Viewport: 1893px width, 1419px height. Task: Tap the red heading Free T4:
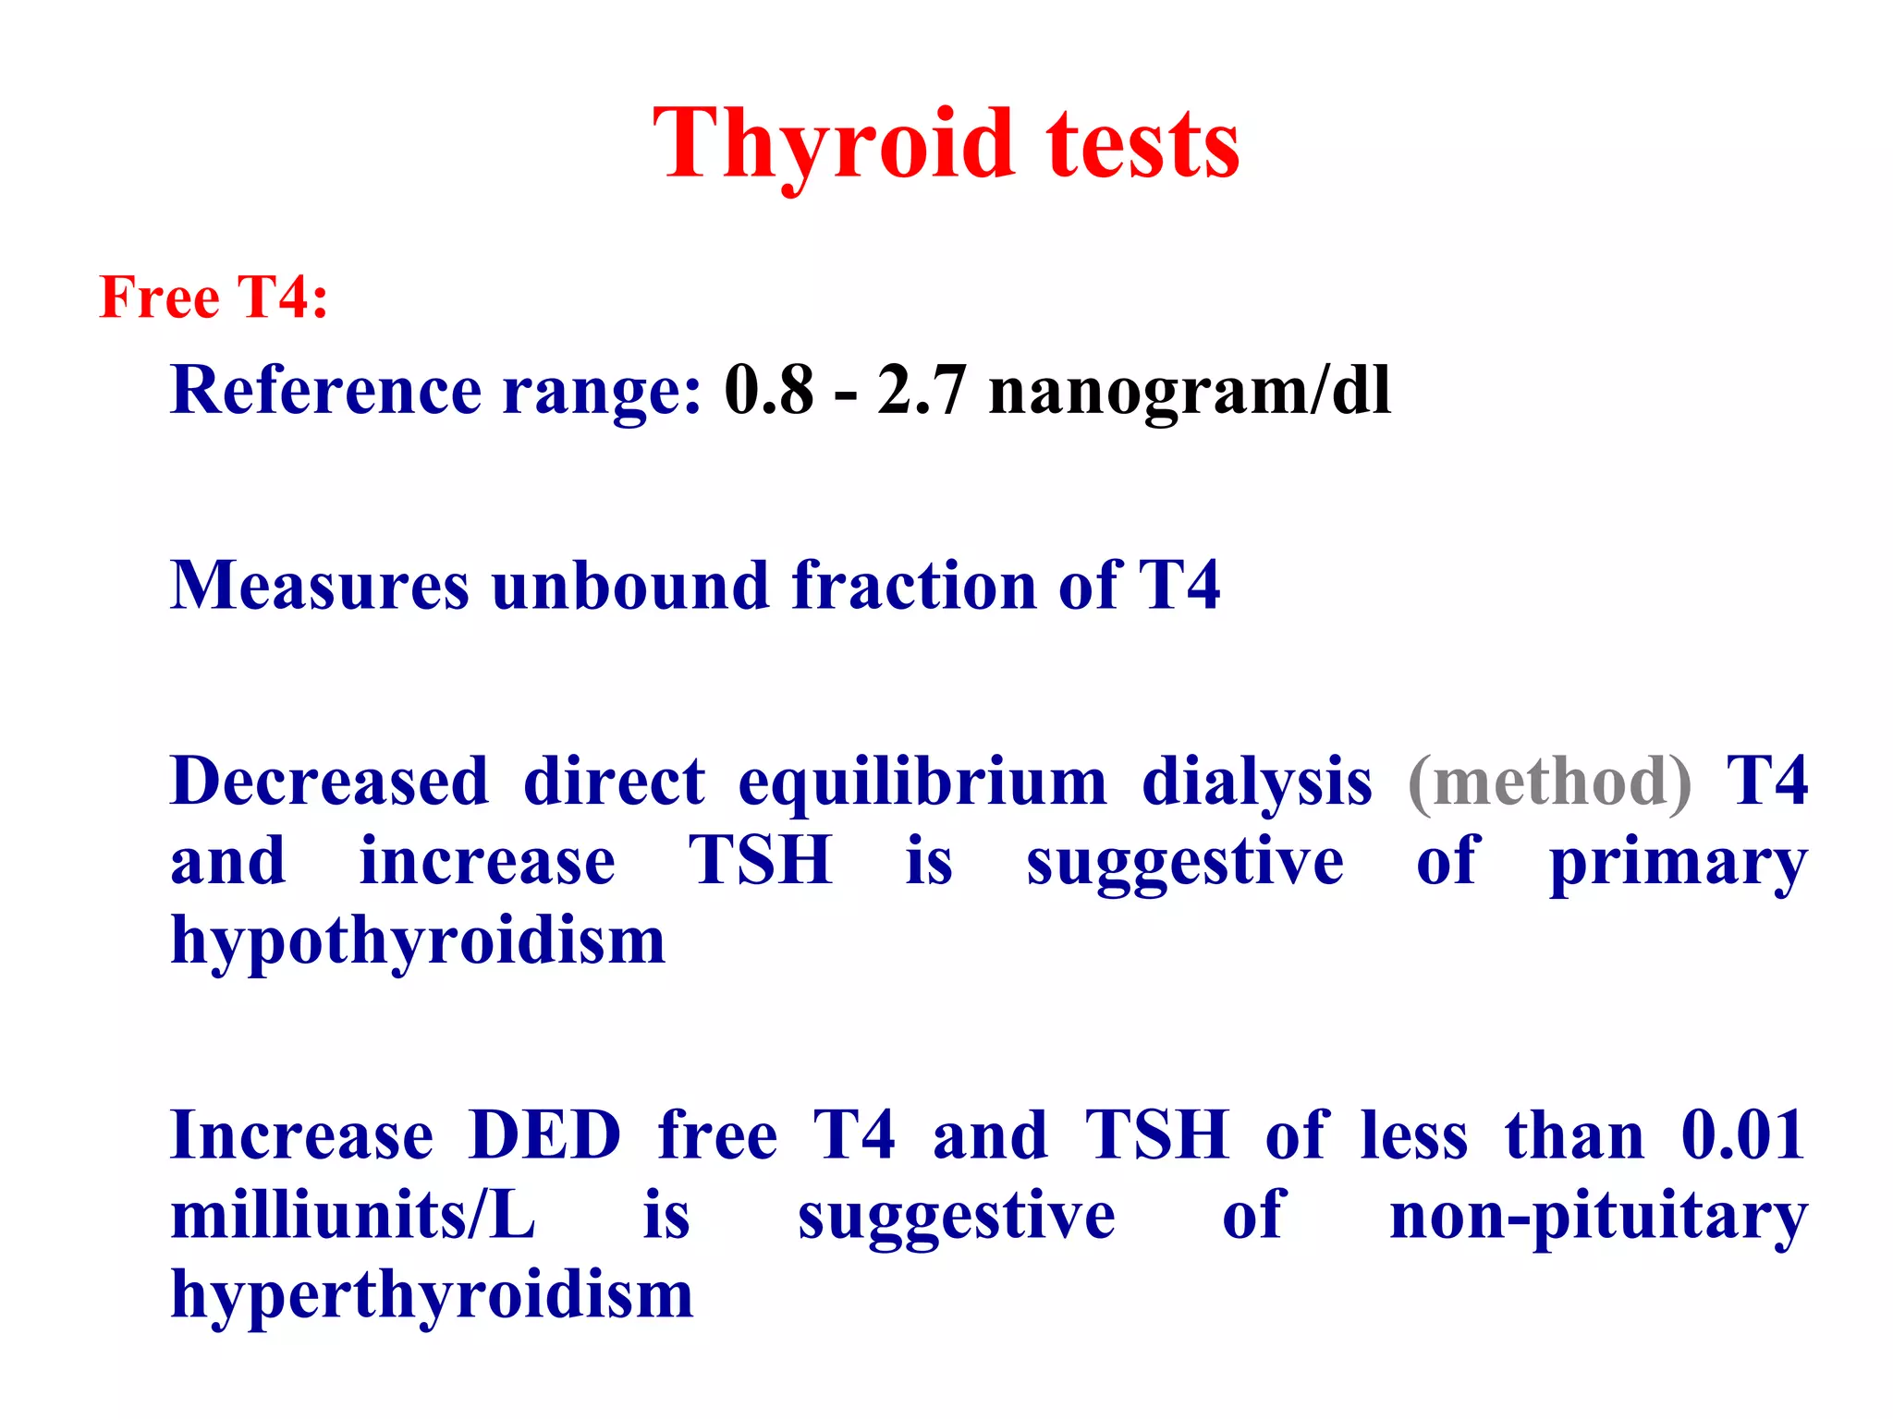[214, 297]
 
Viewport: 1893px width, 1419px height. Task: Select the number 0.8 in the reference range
[769, 390]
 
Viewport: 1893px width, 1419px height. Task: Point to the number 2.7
[922, 390]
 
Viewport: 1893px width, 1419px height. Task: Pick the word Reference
[325, 390]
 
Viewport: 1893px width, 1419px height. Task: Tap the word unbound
[630, 586]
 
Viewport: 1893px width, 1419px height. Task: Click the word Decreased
[329, 782]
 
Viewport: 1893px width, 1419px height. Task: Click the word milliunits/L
[353, 1215]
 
